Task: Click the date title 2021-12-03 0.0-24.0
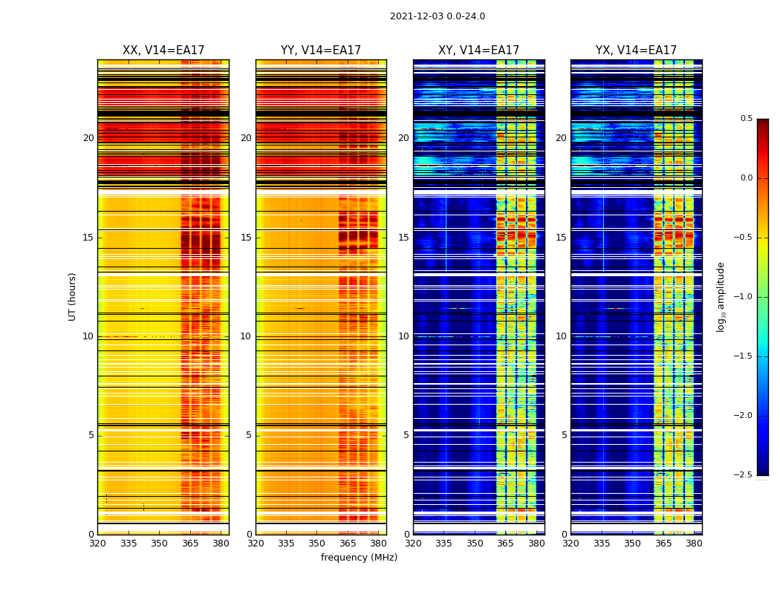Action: (x=438, y=16)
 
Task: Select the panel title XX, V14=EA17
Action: (x=163, y=50)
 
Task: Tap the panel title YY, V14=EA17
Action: (x=321, y=50)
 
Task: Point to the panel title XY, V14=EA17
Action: (x=478, y=50)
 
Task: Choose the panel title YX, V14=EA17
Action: (x=636, y=50)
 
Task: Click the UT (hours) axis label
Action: (x=73, y=296)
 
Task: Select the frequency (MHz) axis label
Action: (x=359, y=558)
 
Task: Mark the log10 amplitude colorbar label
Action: (x=721, y=296)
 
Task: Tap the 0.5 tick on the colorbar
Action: (x=746, y=119)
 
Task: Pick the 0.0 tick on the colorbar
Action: (x=746, y=178)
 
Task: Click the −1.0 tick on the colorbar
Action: (x=744, y=297)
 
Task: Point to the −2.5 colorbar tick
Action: (x=744, y=475)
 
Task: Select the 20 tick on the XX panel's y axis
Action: (x=88, y=138)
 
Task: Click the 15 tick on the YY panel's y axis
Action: (x=247, y=238)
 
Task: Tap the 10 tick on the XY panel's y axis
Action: (x=403, y=336)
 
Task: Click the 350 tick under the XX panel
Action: (x=159, y=544)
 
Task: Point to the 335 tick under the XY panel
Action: (x=444, y=544)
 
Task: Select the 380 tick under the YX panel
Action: (x=694, y=544)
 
